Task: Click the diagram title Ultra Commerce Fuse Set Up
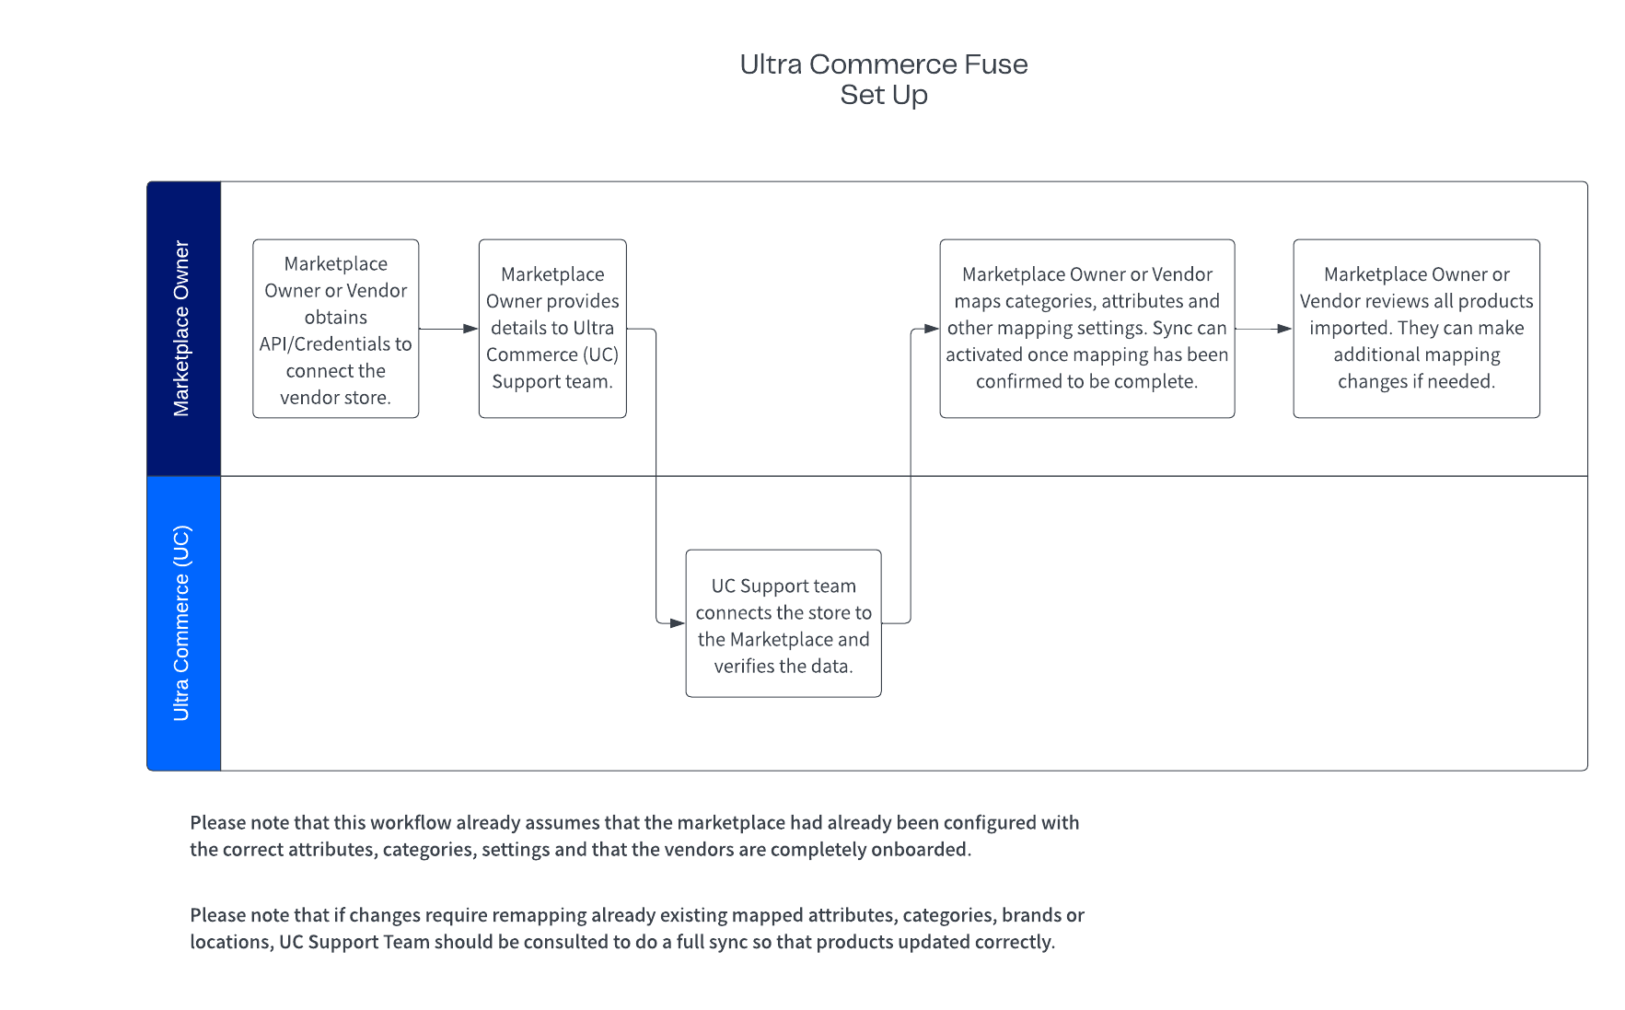[884, 79]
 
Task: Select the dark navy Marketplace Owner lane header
[184, 329]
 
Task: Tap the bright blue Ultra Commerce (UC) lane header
[184, 623]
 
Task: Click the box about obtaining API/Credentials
[336, 329]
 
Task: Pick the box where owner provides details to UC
[552, 329]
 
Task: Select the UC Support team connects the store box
[783, 623]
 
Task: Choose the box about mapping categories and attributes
[1087, 329]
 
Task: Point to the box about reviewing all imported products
[1417, 329]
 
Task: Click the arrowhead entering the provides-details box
[471, 329]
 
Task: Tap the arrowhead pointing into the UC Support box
[679, 623]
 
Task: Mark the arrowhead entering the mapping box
[932, 329]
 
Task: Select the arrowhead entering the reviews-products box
[1285, 329]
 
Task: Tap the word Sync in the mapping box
[1169, 329]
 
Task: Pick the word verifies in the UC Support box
[741, 666]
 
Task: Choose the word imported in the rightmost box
[1348, 329]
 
